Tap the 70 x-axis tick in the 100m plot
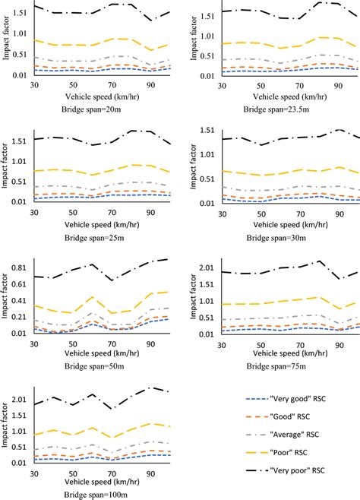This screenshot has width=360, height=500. coord(112,474)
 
